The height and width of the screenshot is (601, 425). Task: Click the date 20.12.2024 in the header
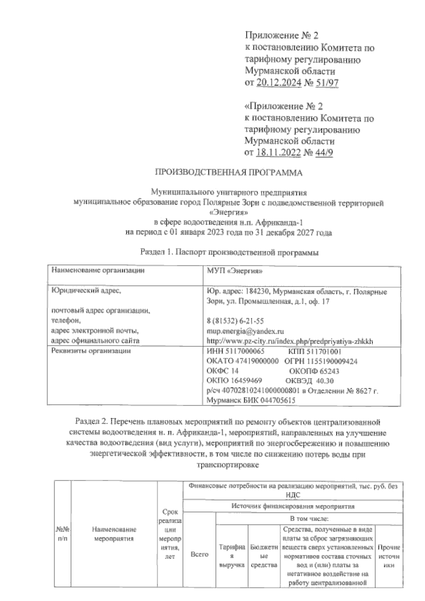(278, 83)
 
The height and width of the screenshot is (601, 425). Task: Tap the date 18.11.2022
(278, 153)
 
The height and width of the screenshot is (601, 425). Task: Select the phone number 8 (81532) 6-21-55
(235, 321)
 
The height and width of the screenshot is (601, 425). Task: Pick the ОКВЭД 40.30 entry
(309, 381)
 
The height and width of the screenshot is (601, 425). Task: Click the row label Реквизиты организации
(91, 351)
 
